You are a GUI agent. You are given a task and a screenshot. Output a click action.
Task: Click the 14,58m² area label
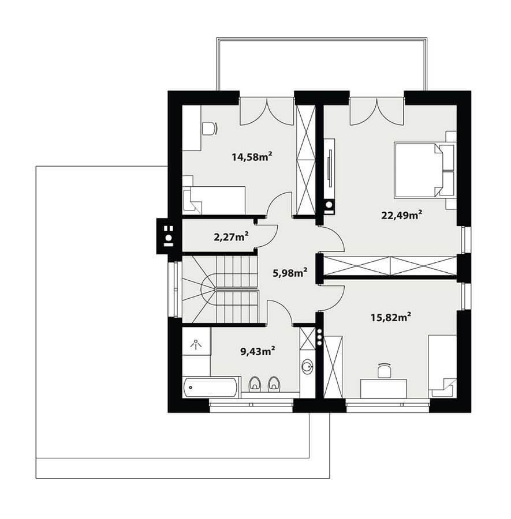coord(252,156)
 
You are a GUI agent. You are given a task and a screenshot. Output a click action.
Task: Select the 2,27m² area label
coord(232,236)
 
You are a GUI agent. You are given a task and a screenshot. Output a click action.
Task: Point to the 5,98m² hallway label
coord(290,273)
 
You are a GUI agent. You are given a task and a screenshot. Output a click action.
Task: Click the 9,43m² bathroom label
coord(258,351)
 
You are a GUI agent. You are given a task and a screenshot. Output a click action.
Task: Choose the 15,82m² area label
coord(391,317)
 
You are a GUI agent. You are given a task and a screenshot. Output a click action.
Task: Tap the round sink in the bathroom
coord(308,367)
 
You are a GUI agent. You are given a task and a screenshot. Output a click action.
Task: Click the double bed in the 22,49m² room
coord(420,170)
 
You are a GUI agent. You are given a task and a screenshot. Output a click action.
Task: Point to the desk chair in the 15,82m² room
coord(384,370)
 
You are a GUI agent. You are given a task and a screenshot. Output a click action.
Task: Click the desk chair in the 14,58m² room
coord(209,129)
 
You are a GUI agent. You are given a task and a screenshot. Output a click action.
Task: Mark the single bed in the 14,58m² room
coord(214,200)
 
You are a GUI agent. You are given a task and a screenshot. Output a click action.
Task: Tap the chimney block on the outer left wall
coord(169,236)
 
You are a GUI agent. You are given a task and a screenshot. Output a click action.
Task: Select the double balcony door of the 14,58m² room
coord(267,111)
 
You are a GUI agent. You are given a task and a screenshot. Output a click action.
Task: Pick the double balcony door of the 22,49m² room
coord(376,111)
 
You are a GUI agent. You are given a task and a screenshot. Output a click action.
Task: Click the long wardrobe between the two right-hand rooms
coord(390,266)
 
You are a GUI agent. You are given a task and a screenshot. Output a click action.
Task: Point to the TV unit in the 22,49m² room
coord(329,177)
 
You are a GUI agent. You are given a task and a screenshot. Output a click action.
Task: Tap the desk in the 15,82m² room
coord(384,389)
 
